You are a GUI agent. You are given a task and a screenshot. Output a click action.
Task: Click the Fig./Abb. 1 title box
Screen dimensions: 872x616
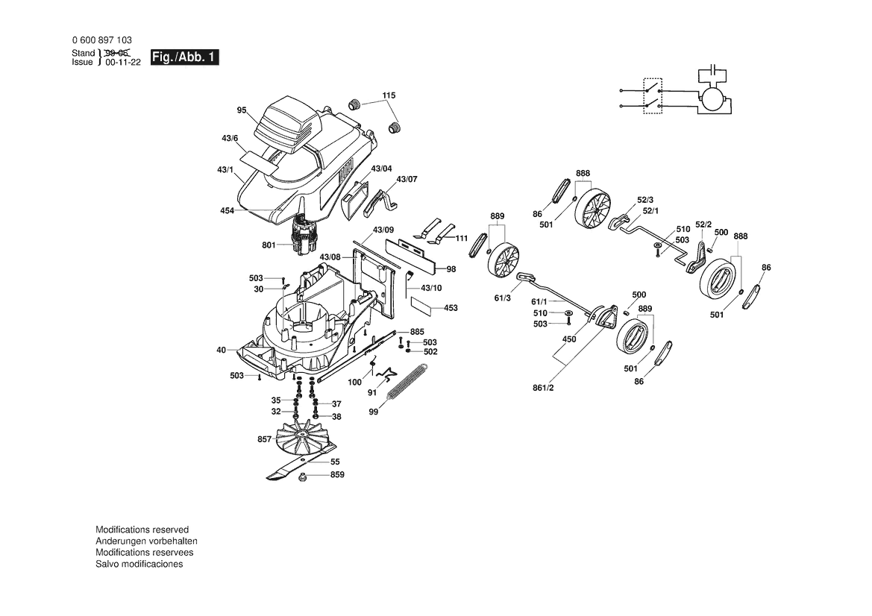(x=185, y=57)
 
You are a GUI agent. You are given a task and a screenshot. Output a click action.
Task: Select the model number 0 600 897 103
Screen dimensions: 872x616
(x=101, y=40)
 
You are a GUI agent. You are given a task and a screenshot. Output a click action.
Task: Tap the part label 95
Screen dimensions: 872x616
(x=242, y=110)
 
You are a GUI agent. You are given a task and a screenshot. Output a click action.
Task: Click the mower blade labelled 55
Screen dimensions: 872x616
(x=301, y=462)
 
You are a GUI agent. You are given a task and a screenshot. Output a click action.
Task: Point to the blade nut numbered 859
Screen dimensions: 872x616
(x=303, y=476)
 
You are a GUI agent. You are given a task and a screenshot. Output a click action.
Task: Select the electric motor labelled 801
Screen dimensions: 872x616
(x=304, y=235)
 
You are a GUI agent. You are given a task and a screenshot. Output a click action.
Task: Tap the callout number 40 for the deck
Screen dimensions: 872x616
(x=222, y=350)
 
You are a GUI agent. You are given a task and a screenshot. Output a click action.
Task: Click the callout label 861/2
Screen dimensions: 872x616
(x=543, y=388)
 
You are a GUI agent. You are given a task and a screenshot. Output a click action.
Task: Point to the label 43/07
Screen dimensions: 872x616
(x=407, y=179)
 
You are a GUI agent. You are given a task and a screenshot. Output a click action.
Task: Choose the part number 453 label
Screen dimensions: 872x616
(x=451, y=307)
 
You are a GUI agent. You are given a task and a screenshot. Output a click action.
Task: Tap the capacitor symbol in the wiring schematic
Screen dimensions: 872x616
(x=712, y=71)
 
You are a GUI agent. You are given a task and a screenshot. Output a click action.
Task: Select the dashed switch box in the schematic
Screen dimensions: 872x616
(x=653, y=95)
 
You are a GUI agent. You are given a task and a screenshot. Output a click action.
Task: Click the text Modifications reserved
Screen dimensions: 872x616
(x=142, y=529)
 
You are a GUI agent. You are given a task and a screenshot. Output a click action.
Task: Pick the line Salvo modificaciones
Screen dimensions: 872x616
(x=139, y=564)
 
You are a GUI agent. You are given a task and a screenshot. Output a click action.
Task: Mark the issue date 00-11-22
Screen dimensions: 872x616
(x=124, y=62)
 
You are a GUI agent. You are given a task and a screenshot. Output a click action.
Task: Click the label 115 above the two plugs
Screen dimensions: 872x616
(x=389, y=95)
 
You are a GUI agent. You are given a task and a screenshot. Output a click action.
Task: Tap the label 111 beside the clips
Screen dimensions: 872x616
(x=462, y=238)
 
